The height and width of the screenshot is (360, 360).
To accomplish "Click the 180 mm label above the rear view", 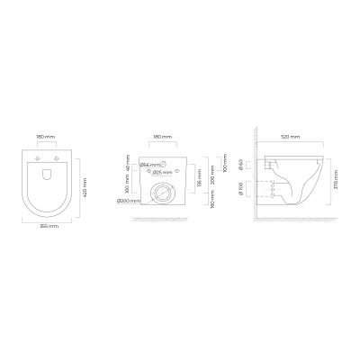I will [x=163, y=139].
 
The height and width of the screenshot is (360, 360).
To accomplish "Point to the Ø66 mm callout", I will [x=149, y=166].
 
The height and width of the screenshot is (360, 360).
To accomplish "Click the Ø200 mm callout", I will [x=128, y=201].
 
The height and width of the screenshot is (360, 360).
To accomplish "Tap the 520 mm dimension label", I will [x=291, y=139].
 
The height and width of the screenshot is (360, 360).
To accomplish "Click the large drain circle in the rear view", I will [x=164, y=192].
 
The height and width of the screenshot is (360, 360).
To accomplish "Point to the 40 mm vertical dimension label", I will [x=128, y=166].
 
